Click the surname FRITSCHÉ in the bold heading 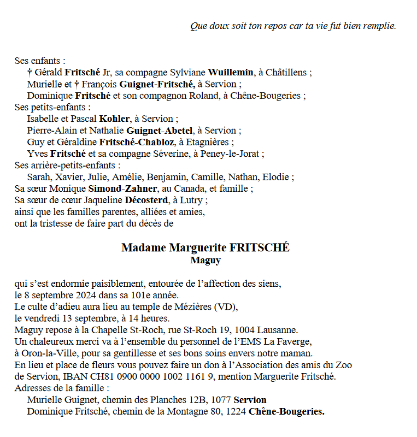tap(260, 248)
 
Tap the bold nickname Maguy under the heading tap(205, 260)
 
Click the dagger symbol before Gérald tap(30, 73)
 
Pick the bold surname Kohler tap(115, 119)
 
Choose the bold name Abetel tap(178, 131)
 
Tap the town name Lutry tap(193, 200)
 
